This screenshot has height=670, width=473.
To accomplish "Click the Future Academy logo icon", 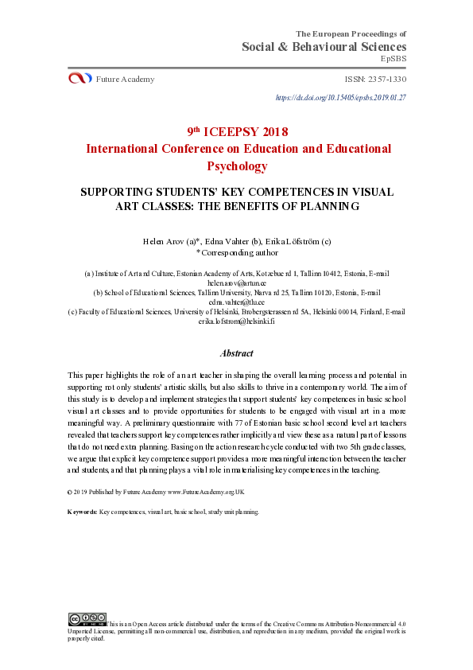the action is pyautogui.click(x=80, y=78).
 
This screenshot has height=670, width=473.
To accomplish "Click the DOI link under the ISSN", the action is pyautogui.click(x=340, y=97).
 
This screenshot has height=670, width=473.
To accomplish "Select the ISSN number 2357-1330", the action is pyautogui.click(x=386, y=80).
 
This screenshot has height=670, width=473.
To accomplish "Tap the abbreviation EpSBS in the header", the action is pyautogui.click(x=394, y=59).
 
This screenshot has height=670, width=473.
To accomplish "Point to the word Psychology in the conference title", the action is pyautogui.click(x=237, y=166).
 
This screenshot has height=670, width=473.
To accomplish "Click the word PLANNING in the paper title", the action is pyautogui.click(x=328, y=206).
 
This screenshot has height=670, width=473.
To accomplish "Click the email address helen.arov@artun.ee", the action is pyautogui.click(x=236, y=282).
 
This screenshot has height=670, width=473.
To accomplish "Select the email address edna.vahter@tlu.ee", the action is pyautogui.click(x=236, y=302).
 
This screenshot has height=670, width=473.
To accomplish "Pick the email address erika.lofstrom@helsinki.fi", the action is pyautogui.click(x=236, y=321).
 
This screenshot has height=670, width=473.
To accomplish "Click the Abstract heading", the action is pyautogui.click(x=236, y=353).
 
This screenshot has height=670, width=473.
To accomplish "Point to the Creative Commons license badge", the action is pyautogui.click(x=87, y=618).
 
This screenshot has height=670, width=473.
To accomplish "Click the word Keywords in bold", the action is pyautogui.click(x=82, y=512).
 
